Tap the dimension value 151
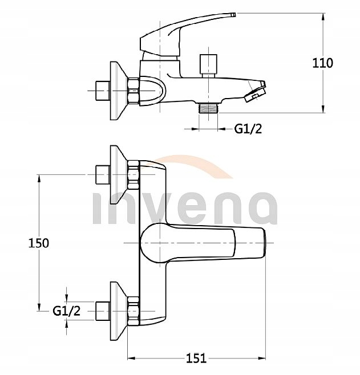(196, 358)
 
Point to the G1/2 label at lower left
(66, 310)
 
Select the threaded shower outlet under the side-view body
(208, 107)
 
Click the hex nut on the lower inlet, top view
(134, 308)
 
